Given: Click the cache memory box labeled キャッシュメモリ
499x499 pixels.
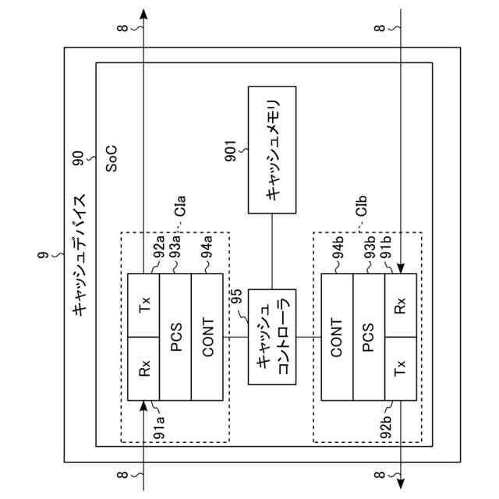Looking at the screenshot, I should [x=271, y=149].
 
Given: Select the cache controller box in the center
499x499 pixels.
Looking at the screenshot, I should [x=271, y=336].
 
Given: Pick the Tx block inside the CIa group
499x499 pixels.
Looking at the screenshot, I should [x=143, y=305].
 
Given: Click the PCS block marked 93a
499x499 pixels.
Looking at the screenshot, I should [x=175, y=337].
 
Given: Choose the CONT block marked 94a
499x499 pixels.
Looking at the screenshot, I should [x=207, y=337].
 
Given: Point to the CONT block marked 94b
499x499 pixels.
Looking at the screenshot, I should [x=337, y=337].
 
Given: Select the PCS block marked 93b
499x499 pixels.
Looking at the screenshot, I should [x=368, y=337].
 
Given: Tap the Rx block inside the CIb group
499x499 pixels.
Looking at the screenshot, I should [x=400, y=305].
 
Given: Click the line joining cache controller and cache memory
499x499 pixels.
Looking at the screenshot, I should [x=271, y=249].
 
